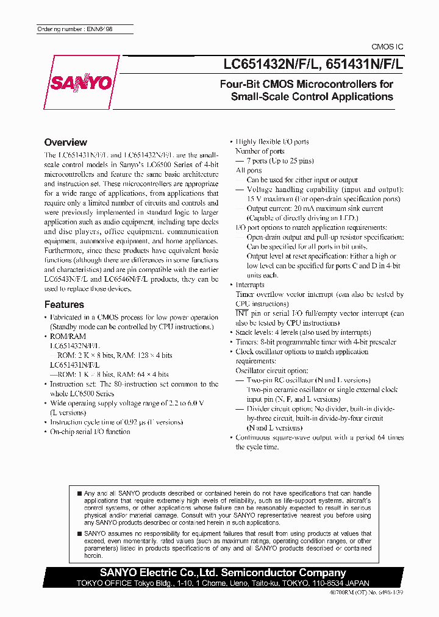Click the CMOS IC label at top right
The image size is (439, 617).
(388, 48)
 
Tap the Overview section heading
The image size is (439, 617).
(66, 142)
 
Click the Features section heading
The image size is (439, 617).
(64, 304)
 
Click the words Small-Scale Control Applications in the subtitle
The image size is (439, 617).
(312, 96)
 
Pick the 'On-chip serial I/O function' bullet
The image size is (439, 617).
(90, 432)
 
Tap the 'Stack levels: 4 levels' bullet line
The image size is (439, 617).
(303, 332)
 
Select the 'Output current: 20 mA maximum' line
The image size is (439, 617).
(315, 209)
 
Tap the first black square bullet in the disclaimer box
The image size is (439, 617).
(79, 493)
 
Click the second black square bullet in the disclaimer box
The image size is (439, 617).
(79, 533)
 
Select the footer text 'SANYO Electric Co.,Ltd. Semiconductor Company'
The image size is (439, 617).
(223, 572)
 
